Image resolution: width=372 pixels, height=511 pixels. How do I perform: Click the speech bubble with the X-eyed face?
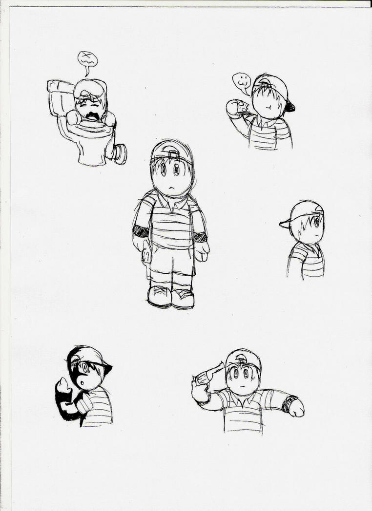click(88, 60)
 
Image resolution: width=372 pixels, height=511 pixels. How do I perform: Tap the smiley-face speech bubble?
click(241, 81)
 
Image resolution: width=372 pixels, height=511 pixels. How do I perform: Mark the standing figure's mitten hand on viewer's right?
click(201, 250)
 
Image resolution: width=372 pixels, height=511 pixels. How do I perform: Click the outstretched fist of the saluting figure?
click(296, 408)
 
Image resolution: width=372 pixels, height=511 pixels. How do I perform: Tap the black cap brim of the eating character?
click(289, 106)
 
